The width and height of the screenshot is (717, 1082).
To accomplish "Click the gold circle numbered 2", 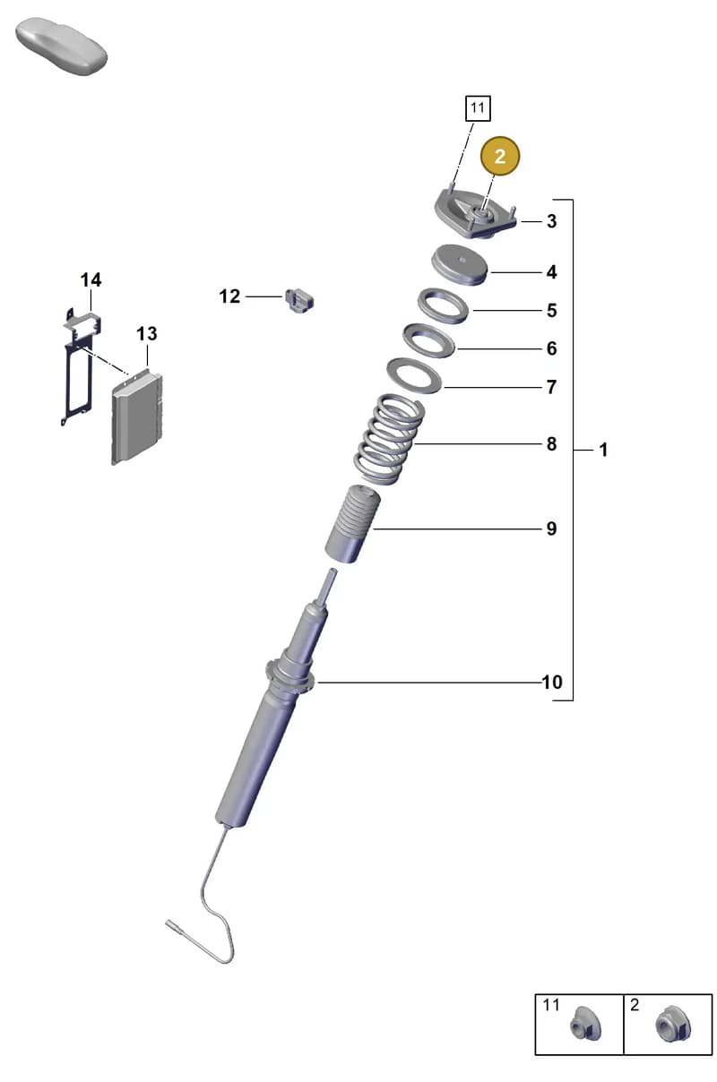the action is (500, 156).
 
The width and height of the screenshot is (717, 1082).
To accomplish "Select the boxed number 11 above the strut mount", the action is (478, 107).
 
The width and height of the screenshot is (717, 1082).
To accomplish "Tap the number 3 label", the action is (552, 221).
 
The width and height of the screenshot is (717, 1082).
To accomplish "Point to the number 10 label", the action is (552, 682).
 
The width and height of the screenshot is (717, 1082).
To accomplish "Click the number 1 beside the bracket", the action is (603, 451).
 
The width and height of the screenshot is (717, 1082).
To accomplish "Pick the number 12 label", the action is (229, 296).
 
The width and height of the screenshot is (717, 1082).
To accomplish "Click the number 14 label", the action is (91, 279).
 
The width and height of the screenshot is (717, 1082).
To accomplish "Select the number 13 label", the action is (146, 333).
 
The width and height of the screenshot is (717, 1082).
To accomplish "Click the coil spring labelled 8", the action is (390, 440).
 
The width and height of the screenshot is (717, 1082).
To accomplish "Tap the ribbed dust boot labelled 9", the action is (352, 524).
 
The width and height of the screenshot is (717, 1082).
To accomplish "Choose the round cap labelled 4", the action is (460, 265).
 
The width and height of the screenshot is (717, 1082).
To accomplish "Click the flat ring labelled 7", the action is (414, 376).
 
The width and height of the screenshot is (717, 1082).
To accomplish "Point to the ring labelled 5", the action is (443, 305).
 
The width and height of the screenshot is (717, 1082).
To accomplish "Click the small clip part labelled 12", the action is (299, 300).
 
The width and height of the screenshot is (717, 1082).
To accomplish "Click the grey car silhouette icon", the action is (62, 47).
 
